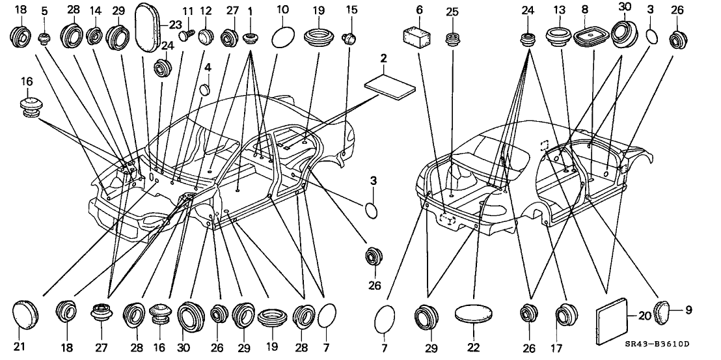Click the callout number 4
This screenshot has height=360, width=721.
click(208, 67)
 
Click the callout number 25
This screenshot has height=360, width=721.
click(452, 11)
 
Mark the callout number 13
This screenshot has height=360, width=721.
click(559, 11)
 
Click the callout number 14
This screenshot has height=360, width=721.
click(95, 11)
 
